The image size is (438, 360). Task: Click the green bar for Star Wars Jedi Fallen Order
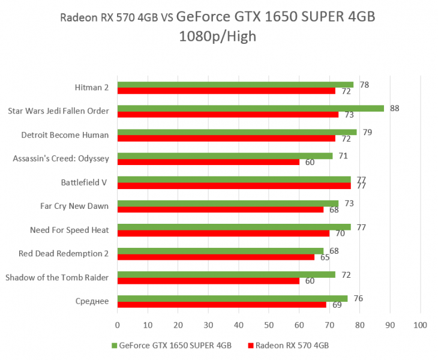[250, 109]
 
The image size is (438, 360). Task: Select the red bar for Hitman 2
[226, 91]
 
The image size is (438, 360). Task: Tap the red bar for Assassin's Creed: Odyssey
[208, 162]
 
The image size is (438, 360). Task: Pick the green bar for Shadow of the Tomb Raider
[226, 274]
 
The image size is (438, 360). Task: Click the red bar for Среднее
[222, 305]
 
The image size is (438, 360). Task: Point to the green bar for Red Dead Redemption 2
[220, 251]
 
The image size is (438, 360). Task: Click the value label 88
[394, 109]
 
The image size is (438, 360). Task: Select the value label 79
[367, 132]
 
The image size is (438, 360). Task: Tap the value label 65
[325, 257]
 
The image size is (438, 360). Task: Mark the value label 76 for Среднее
[359, 298]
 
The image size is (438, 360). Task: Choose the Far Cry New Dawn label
[74, 206]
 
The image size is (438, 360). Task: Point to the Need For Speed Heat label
[69, 230]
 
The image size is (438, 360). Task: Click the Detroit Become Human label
[65, 135]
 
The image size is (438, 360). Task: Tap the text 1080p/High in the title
[217, 37]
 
